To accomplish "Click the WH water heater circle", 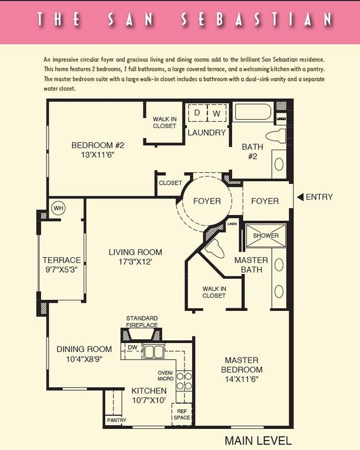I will pyautogui.click(x=58, y=208).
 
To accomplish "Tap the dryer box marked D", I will pyautogui.click(x=197, y=113).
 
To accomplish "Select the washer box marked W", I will pyautogui.click(x=217, y=113).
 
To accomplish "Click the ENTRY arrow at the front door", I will pyautogui.click(x=300, y=197).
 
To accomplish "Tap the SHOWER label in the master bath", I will pyautogui.click(x=266, y=236).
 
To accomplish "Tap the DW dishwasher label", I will pyautogui.click(x=132, y=347).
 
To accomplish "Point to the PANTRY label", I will pyautogui.click(x=116, y=421).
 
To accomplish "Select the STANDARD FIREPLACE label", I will pyautogui.click(x=142, y=321).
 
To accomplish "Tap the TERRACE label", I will pyautogui.click(x=61, y=260).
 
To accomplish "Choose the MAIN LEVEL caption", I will pyautogui.click(x=258, y=441).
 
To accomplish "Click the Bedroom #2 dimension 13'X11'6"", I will pyautogui.click(x=98, y=156).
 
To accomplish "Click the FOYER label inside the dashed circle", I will pyautogui.click(x=207, y=201).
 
